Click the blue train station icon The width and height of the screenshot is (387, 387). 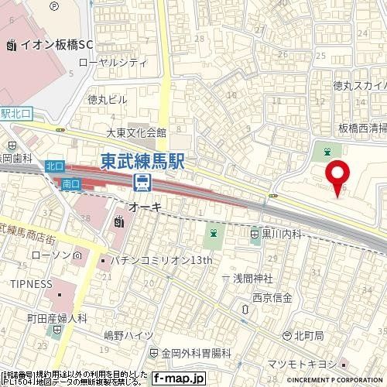142,182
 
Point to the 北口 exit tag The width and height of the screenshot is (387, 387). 53,165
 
